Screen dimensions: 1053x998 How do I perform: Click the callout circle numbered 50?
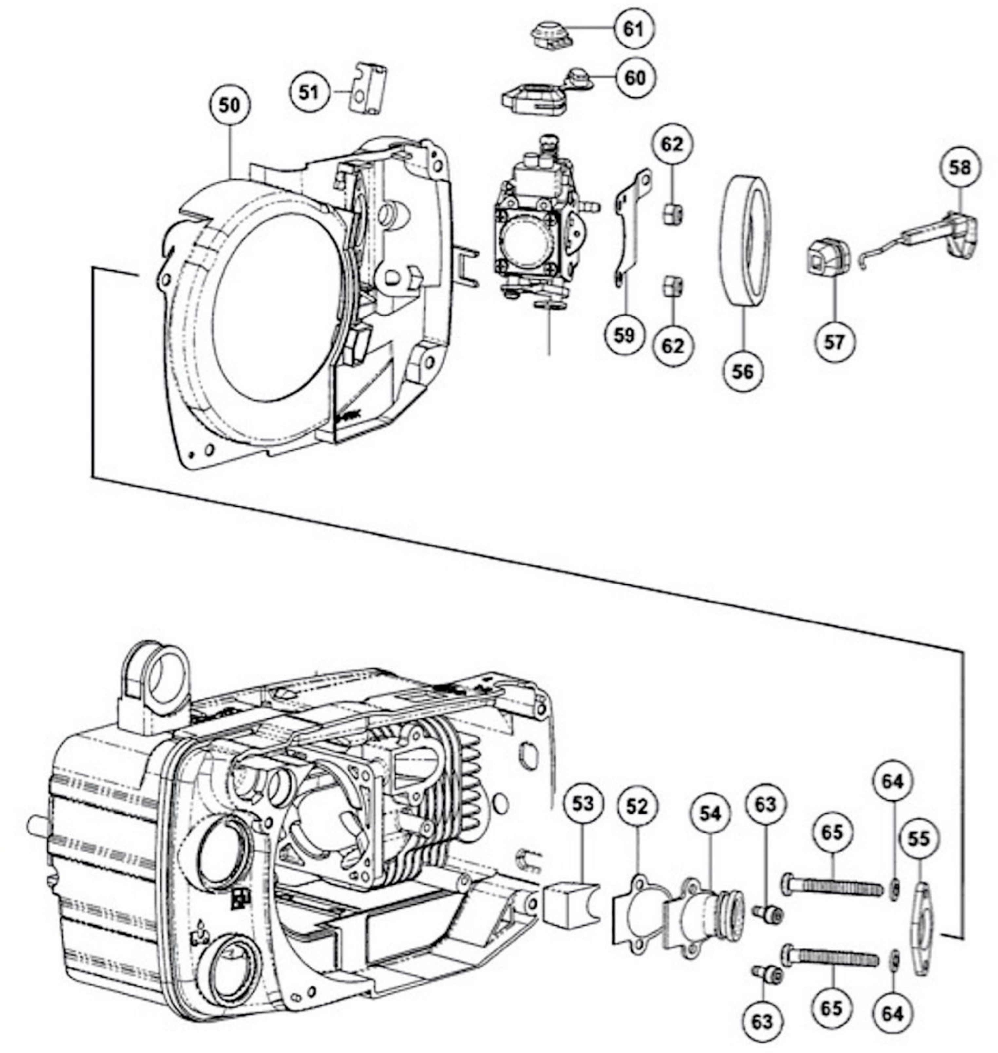[230, 105]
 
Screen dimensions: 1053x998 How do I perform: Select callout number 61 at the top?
[633, 29]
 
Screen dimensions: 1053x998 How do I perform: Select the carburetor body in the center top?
[537, 223]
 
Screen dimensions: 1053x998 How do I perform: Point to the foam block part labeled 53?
[569, 902]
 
